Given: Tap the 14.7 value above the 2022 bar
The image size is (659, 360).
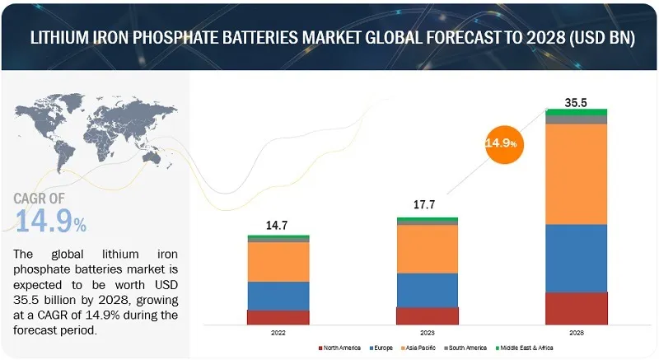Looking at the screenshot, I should [278, 223].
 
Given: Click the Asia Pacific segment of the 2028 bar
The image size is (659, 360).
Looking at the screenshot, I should [577, 174].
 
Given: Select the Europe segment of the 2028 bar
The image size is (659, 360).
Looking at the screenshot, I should [577, 258].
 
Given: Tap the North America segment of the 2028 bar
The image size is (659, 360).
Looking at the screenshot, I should [577, 308].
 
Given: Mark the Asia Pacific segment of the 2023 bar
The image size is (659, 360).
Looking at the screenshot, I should [428, 249].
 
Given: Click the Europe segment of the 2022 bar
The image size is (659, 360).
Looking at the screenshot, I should [278, 296].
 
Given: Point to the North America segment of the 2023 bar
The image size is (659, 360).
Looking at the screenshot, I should [428, 316].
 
